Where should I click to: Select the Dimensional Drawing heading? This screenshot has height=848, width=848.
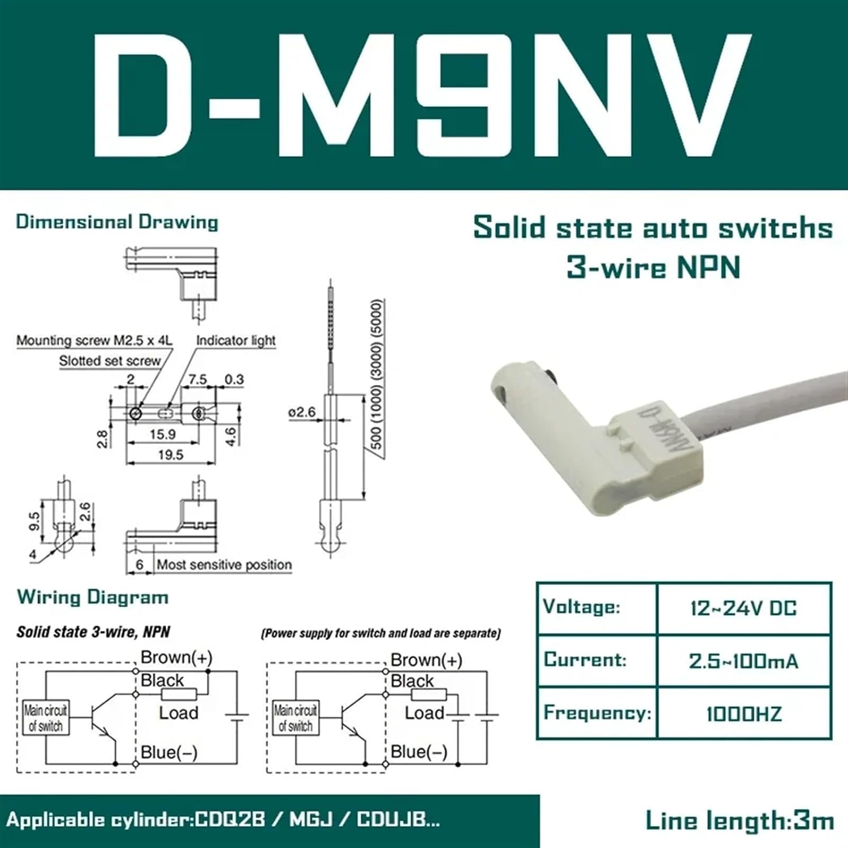tap(117, 222)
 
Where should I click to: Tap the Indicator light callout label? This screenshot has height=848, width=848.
tap(236, 340)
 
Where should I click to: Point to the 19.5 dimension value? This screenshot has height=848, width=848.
tap(171, 455)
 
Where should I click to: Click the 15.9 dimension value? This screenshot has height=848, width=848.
tap(162, 434)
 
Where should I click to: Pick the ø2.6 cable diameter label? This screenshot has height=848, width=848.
tap(302, 412)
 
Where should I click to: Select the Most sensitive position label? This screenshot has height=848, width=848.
tap(224, 564)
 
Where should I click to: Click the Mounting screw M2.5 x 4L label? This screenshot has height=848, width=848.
tap(94, 340)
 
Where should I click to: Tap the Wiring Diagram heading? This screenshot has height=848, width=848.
tap(93, 597)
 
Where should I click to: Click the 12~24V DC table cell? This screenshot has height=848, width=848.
tap(743, 608)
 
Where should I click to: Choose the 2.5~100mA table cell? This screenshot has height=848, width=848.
tap(743, 661)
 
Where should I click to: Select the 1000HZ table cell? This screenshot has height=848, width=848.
tap(743, 714)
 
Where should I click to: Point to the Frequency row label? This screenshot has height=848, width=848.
tap(597, 713)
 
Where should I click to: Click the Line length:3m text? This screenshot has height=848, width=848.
tap(739, 820)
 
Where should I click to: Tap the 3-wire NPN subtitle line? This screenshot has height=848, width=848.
tap(654, 267)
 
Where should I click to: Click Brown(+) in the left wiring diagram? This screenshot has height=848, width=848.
tap(176, 657)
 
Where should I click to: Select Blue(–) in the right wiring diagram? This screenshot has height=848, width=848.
tap(419, 752)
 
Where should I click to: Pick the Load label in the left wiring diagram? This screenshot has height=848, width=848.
tap(179, 713)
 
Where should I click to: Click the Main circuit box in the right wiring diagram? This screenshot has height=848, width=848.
tap(296, 718)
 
